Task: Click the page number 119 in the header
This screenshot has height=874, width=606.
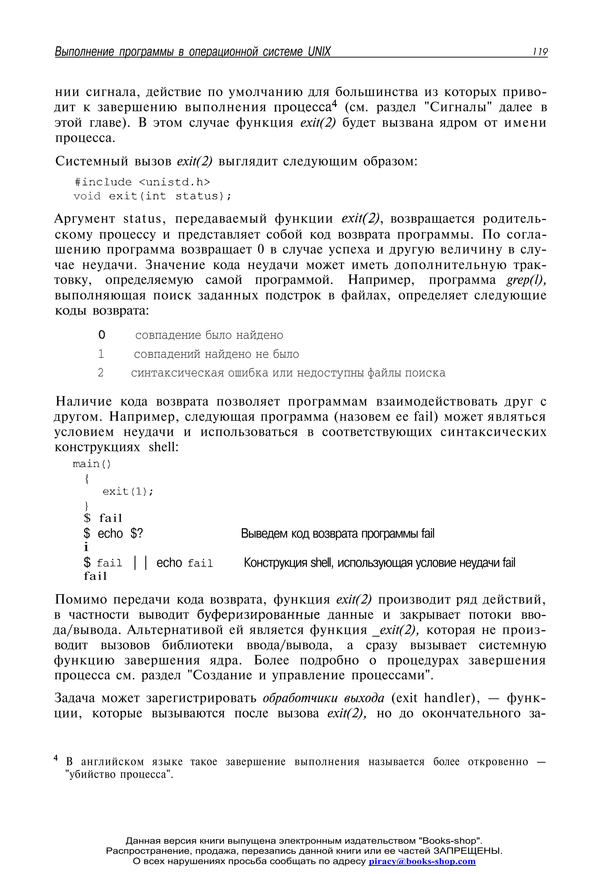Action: click(x=539, y=52)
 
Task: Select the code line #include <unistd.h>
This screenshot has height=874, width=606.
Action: click(x=142, y=182)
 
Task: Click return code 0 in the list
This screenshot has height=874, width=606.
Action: click(x=101, y=335)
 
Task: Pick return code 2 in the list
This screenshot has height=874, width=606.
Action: click(x=101, y=373)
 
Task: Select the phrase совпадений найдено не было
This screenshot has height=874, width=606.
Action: click(x=216, y=354)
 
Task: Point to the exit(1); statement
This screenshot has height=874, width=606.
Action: click(x=128, y=491)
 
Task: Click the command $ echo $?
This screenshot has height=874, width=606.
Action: click(x=113, y=533)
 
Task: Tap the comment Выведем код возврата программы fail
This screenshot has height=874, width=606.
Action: click(x=337, y=533)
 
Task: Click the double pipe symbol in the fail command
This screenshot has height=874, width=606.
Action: click(x=141, y=562)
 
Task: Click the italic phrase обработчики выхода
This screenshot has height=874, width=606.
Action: click(x=323, y=698)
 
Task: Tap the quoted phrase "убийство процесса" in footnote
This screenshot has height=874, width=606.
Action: click(x=119, y=774)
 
